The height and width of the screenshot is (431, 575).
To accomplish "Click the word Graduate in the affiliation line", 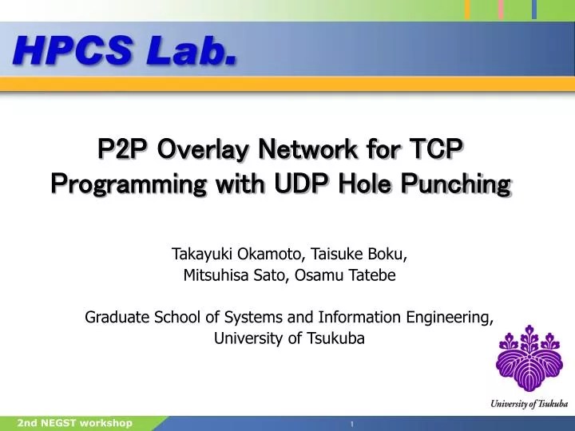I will (117, 317).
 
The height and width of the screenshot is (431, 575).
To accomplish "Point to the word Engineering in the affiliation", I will (452, 318).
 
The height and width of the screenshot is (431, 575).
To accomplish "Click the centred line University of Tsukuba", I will (289, 338).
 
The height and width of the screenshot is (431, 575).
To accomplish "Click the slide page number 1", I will (351, 424).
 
